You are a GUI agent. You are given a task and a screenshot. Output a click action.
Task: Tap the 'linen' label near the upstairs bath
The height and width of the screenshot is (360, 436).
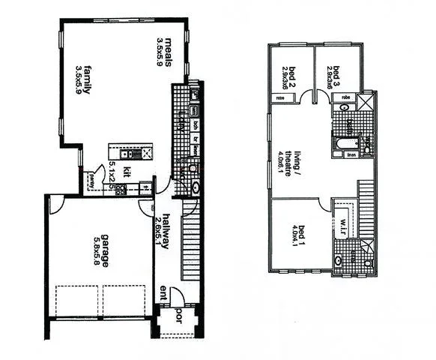click(x=351, y=156)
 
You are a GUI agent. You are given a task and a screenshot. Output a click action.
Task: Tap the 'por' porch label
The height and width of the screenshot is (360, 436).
click(x=180, y=313)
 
